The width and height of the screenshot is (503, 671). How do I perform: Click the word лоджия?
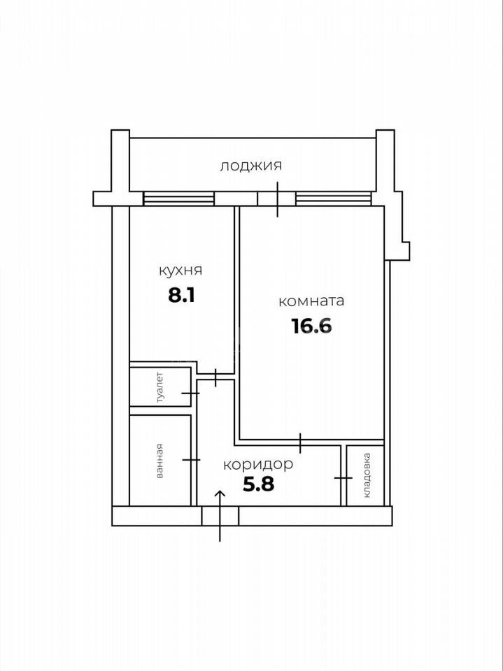[x=251, y=166]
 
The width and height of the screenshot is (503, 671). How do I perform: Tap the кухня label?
[x=180, y=271]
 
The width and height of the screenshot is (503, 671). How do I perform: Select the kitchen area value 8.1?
[x=181, y=295]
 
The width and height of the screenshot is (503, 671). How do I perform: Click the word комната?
[x=311, y=301]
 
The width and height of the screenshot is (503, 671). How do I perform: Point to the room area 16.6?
[x=312, y=326]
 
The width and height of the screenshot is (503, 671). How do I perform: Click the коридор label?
[x=258, y=465]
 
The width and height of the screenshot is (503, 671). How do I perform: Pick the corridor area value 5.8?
[x=258, y=485]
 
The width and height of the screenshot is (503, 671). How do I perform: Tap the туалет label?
[x=160, y=388]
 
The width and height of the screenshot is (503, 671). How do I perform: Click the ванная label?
[x=160, y=461]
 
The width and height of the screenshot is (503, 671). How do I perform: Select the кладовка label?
[x=367, y=475]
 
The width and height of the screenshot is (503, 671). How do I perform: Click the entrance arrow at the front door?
[x=220, y=516]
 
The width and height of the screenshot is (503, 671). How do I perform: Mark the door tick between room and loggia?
[x=278, y=199]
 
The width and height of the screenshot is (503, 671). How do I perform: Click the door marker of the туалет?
[x=190, y=393]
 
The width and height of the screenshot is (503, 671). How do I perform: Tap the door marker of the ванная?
[x=191, y=460]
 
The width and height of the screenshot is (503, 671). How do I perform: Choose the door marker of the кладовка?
[x=343, y=477]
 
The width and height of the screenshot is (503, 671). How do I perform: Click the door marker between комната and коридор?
[x=300, y=443]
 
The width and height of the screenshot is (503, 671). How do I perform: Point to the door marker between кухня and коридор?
[x=215, y=377]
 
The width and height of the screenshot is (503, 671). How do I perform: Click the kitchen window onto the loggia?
[x=178, y=199]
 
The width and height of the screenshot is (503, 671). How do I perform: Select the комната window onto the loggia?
[x=334, y=199]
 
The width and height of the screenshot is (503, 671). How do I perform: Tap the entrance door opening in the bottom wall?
[x=220, y=516]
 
